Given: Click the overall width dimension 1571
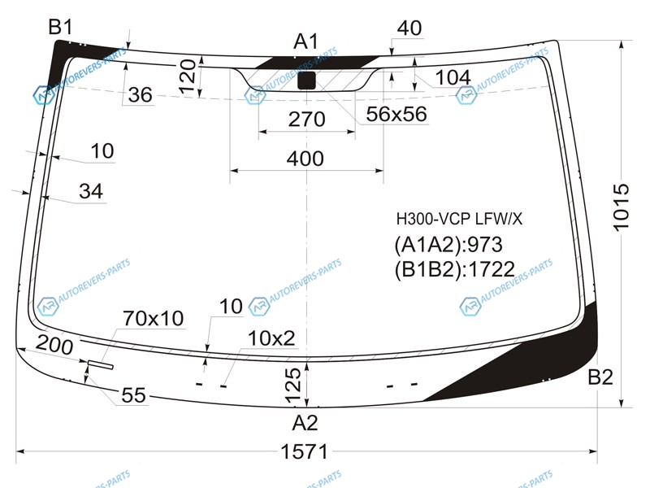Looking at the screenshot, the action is click(x=304, y=451).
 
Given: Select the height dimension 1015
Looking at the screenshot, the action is click(x=621, y=207).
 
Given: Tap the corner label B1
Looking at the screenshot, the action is click(x=60, y=28).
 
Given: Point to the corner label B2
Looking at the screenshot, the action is click(x=600, y=377).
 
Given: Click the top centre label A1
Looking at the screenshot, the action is click(x=306, y=41).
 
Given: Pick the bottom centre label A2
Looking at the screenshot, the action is click(x=305, y=423).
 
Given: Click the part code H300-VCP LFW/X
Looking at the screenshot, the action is click(x=459, y=219).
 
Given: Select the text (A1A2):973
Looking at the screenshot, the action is click(x=448, y=245).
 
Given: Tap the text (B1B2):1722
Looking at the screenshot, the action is click(x=455, y=270).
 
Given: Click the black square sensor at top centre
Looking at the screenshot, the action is click(x=307, y=81).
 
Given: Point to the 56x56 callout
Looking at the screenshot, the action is click(x=396, y=114).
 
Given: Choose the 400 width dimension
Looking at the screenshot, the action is click(x=305, y=159).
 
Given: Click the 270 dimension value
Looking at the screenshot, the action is click(x=307, y=120).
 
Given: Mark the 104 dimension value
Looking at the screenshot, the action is click(x=453, y=77).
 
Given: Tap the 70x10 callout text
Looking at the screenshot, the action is click(x=153, y=319).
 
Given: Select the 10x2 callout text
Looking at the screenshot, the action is click(x=271, y=338).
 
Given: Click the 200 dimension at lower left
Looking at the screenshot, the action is click(x=54, y=344).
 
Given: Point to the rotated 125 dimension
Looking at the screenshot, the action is click(x=293, y=385).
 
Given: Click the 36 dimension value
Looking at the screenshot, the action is click(x=140, y=95).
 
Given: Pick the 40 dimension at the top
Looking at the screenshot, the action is click(x=409, y=28).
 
